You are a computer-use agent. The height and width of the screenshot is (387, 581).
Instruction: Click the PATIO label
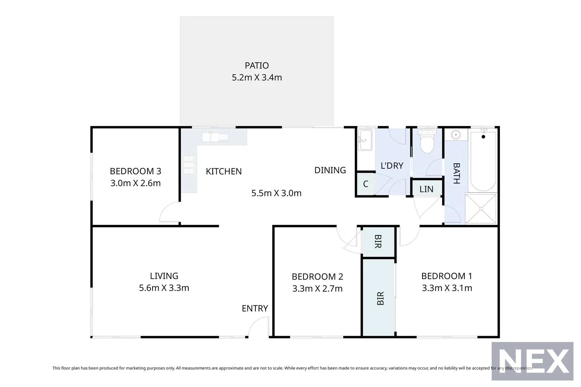tap(257, 66)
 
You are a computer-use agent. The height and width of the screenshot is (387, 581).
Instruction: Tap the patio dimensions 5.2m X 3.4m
tap(257, 77)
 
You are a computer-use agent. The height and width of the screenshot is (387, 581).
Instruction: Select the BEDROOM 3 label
tap(135, 171)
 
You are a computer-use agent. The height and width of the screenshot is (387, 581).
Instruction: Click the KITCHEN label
tap(223, 172)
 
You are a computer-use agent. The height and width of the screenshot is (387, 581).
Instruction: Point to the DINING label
tap(330, 170)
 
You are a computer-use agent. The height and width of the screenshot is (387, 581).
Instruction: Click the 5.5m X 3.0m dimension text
tap(276, 193)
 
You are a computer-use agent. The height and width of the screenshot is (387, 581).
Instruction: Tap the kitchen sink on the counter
tap(215, 137)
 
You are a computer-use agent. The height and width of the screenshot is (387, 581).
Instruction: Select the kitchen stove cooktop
tap(189, 165)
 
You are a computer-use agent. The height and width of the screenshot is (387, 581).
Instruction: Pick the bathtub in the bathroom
tap(483, 161)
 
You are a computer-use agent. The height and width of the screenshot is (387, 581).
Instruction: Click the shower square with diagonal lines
tap(481, 208)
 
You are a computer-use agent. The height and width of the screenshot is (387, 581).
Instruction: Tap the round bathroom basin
tap(456, 135)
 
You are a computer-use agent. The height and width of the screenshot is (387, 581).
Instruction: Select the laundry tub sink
tap(365, 140)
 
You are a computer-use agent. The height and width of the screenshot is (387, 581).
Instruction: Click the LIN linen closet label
tap(426, 189)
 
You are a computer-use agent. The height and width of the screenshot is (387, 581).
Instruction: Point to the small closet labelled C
tap(365, 184)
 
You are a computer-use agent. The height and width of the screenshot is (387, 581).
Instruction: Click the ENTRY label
tap(255, 309)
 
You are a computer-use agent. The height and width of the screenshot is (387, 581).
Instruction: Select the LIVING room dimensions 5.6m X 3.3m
tap(164, 288)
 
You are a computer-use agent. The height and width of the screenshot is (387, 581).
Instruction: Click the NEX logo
tap(532, 361)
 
